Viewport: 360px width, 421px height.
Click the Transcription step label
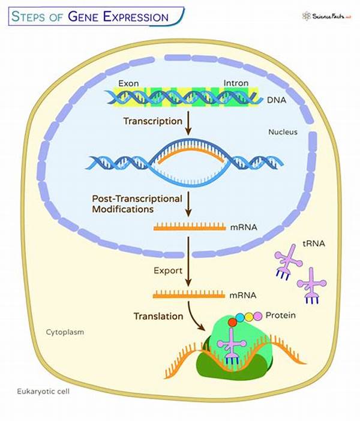coord(152,121)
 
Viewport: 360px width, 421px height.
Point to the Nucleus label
coord(283,132)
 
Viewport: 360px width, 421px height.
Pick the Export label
coord(168,270)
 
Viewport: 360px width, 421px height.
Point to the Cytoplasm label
coord(65,331)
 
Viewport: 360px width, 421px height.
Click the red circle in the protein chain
coord(232,322)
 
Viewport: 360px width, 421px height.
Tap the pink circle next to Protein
coord(258,315)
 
